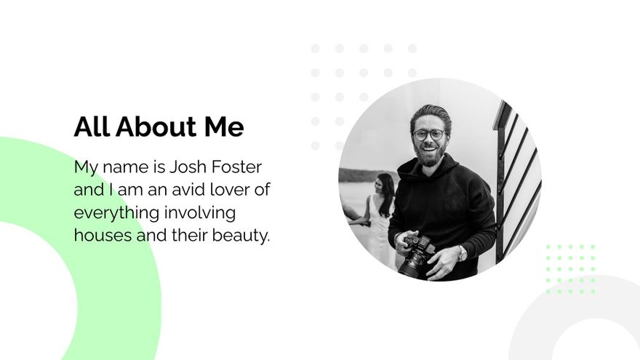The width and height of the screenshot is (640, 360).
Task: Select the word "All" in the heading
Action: pos(92,127)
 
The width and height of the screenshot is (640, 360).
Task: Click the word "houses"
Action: pos(100,236)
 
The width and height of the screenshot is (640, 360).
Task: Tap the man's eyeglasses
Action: pos(429,135)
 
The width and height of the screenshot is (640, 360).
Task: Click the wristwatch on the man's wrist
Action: pos(462,252)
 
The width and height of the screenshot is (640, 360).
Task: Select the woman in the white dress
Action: pos(380,218)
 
